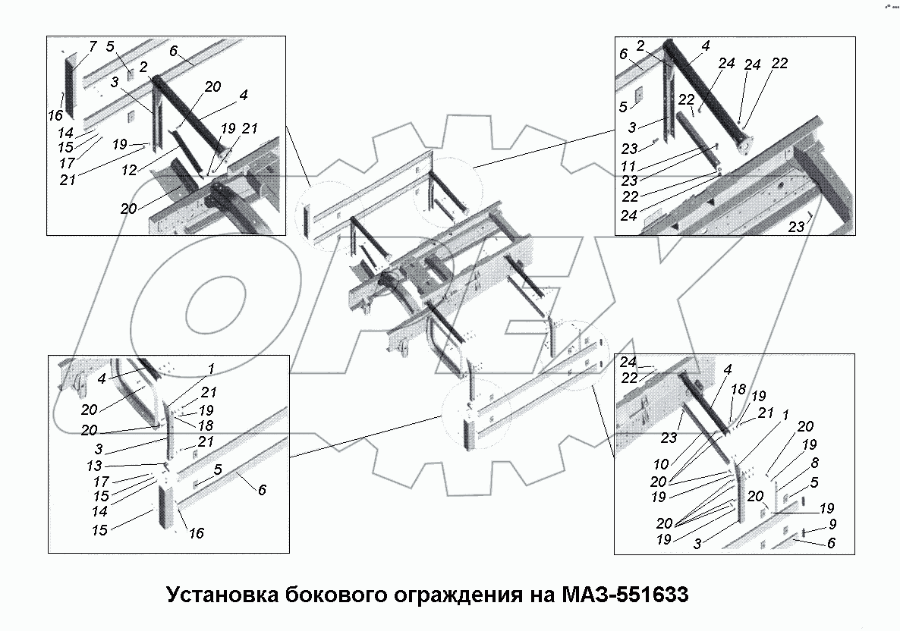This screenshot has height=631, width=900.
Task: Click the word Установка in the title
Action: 221,594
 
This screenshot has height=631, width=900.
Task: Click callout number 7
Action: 93,47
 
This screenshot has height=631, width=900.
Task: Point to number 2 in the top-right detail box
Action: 642,46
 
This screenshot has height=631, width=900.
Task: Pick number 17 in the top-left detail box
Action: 67,163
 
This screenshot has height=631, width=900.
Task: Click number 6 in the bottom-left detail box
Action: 262,490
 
